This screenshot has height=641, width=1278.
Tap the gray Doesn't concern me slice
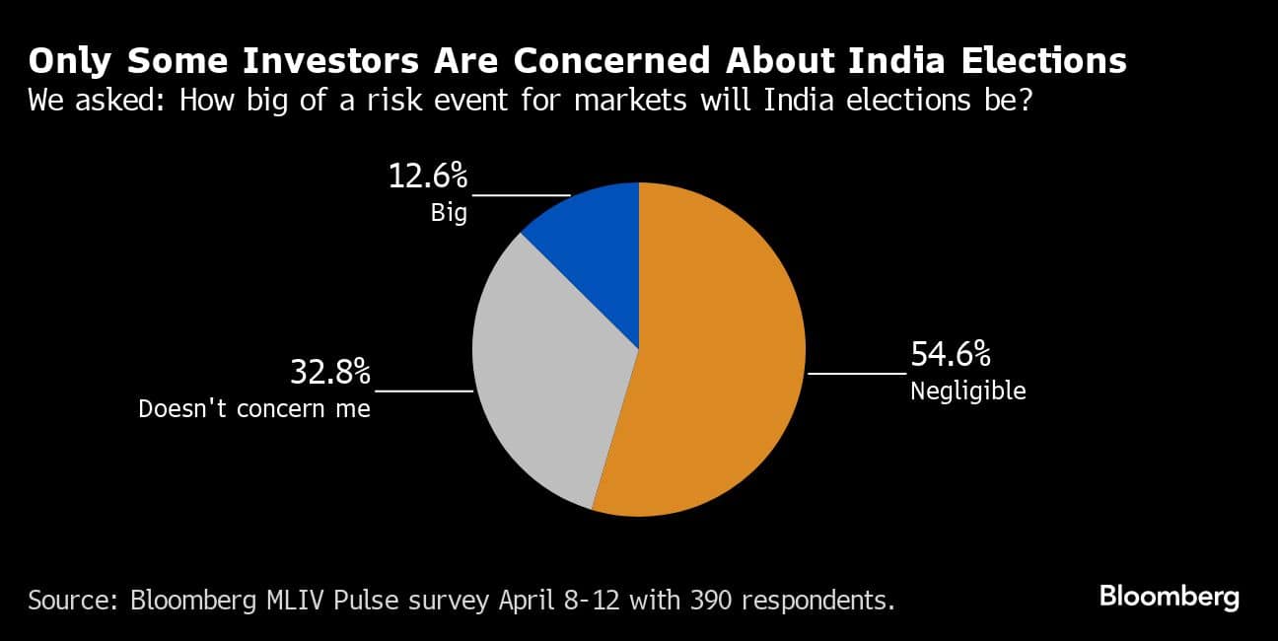(542, 375)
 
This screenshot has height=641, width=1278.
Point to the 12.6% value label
(427, 178)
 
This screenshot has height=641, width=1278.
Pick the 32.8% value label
(329, 373)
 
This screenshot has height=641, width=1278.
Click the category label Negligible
(967, 392)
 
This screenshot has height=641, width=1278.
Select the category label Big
(449, 212)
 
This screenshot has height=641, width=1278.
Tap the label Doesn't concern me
(254, 408)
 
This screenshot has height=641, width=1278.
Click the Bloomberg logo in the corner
(1169, 597)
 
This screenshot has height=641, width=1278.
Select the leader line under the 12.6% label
(520, 195)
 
